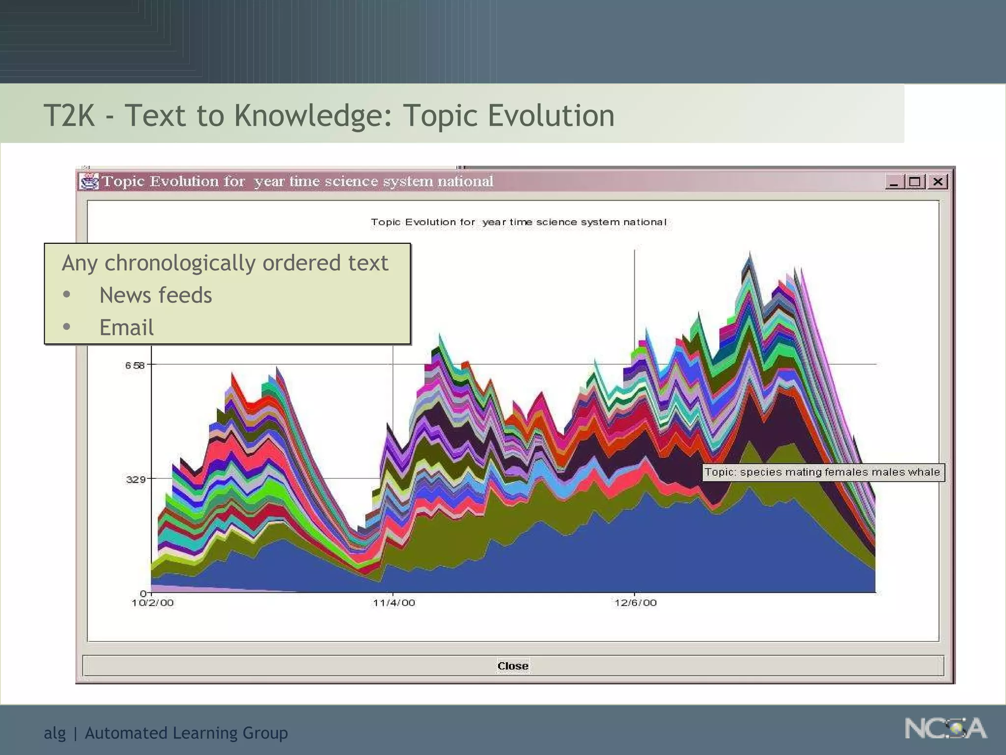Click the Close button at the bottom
(x=513, y=666)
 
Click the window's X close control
(x=938, y=182)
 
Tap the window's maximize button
(x=915, y=182)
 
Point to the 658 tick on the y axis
(x=135, y=365)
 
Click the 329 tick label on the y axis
(x=136, y=479)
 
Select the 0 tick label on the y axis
(x=143, y=593)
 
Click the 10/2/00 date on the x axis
(x=153, y=603)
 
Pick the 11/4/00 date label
(x=394, y=603)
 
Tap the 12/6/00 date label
(x=636, y=603)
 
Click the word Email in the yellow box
(x=126, y=327)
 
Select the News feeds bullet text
(x=156, y=295)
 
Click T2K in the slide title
(x=69, y=116)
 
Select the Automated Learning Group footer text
(x=186, y=733)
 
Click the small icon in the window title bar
(x=89, y=181)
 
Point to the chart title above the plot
(x=519, y=222)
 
